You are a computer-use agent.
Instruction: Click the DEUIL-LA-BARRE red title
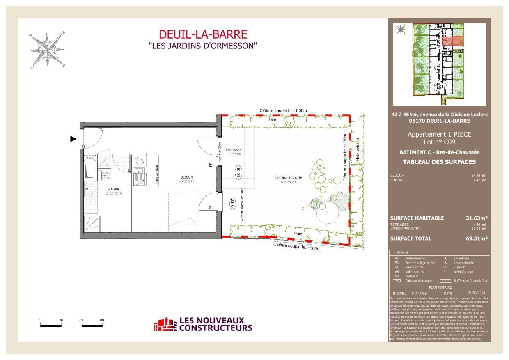click(203, 34)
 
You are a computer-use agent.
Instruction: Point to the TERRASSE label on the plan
click(233, 150)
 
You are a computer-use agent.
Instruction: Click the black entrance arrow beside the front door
click(73, 139)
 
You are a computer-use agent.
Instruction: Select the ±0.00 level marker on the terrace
click(238, 172)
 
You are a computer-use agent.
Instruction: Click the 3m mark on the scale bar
click(101, 320)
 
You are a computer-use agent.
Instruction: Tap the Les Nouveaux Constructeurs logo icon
click(165, 324)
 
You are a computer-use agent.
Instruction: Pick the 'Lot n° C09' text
click(439, 143)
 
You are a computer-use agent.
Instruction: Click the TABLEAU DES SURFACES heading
click(439, 161)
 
